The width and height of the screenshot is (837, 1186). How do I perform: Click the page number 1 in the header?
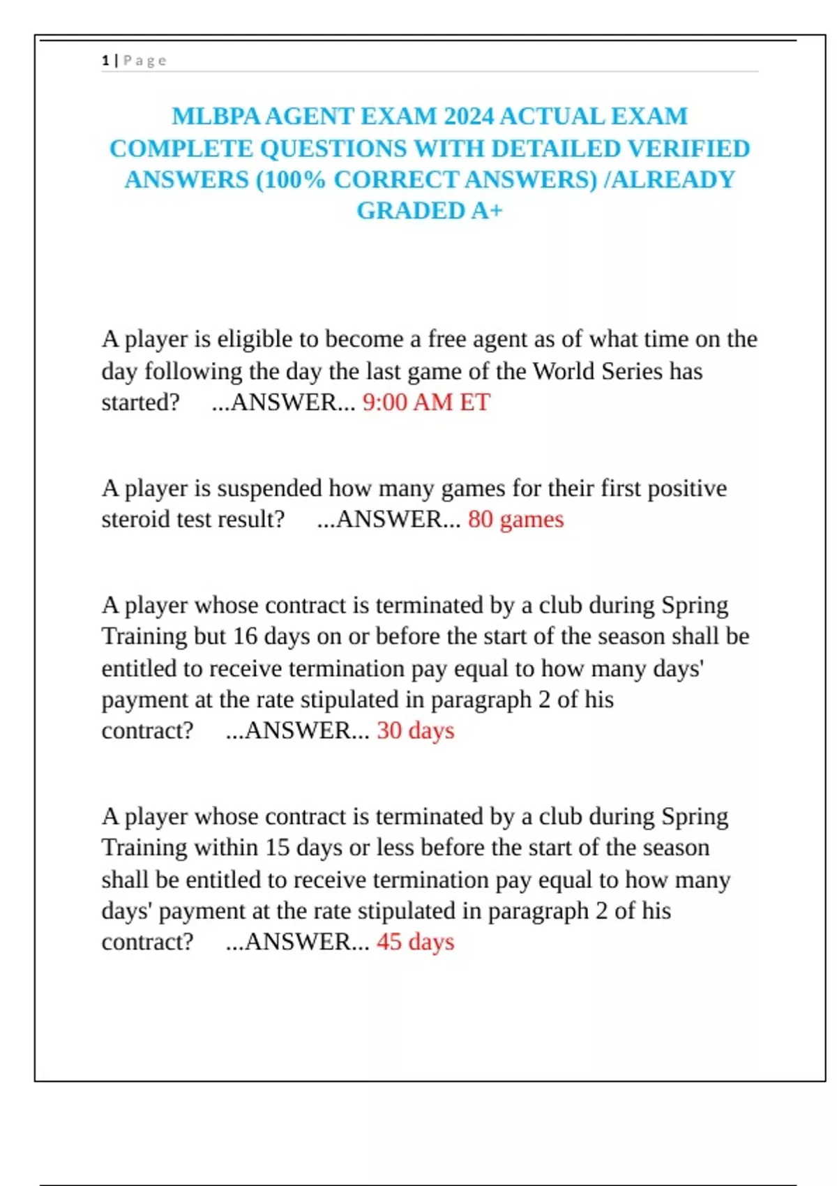[x=105, y=61]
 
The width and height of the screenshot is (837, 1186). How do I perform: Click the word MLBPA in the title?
[x=216, y=116]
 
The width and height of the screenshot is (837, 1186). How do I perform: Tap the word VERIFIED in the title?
[x=688, y=149]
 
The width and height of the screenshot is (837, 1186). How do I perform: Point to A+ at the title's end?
[x=486, y=211]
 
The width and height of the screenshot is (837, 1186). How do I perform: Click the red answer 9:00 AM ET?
[x=426, y=403]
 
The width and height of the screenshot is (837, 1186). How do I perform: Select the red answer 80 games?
[x=515, y=520]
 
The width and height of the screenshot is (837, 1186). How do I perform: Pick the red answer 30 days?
[x=415, y=731]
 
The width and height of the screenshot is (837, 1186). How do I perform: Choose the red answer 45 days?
[x=415, y=943]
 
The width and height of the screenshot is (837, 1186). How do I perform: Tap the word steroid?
[x=143, y=520]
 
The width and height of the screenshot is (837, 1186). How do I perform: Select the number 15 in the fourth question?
[x=277, y=848]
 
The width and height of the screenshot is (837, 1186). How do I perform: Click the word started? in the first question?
[x=140, y=403]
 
